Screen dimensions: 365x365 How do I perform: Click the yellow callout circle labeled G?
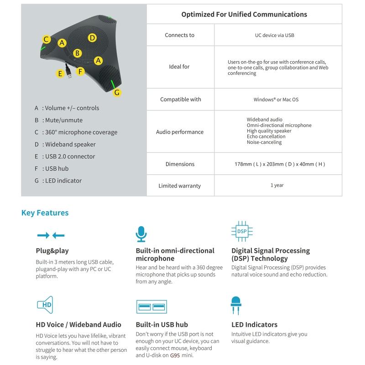[117, 92]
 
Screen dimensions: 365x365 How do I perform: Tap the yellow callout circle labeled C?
[47, 39]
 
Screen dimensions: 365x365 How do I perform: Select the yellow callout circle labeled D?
[92, 38]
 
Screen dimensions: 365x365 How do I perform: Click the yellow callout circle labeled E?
[60, 73]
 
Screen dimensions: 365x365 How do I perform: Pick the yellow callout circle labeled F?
[80, 71]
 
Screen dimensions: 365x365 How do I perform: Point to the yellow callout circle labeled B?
[78, 53]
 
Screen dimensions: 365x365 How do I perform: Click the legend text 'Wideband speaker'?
[70, 144]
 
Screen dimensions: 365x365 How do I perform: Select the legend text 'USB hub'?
[57, 168]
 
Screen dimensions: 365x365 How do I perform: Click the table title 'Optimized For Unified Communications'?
[244, 14]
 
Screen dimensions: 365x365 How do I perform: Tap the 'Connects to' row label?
[180, 35]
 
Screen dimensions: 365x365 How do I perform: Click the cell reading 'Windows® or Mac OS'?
[276, 99]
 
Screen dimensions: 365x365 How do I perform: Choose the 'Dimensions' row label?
[180, 164]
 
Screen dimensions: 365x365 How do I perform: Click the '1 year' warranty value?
[277, 185]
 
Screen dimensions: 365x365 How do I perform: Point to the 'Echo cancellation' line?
[266, 136]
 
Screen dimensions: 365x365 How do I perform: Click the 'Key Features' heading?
[45, 213]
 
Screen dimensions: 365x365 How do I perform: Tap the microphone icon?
[141, 234]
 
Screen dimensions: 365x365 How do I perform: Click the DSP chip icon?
[242, 231]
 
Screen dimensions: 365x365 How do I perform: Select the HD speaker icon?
[45, 304]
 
